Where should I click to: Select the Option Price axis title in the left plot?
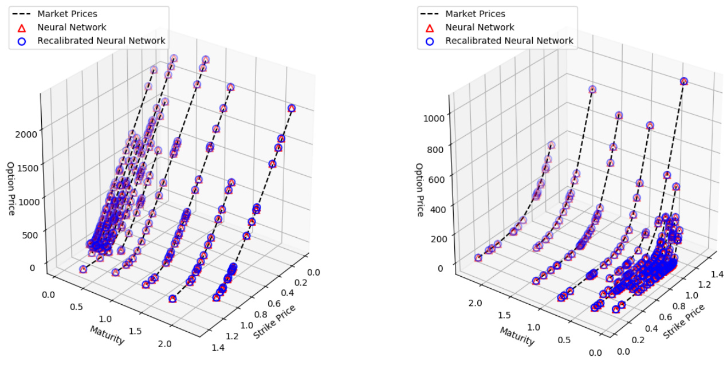point(10,189)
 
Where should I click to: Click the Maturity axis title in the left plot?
point(107,335)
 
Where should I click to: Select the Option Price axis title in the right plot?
point(420,190)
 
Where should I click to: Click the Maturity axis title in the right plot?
point(517,336)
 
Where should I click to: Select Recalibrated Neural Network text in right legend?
point(509,41)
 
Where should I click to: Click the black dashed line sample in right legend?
point(431,13)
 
